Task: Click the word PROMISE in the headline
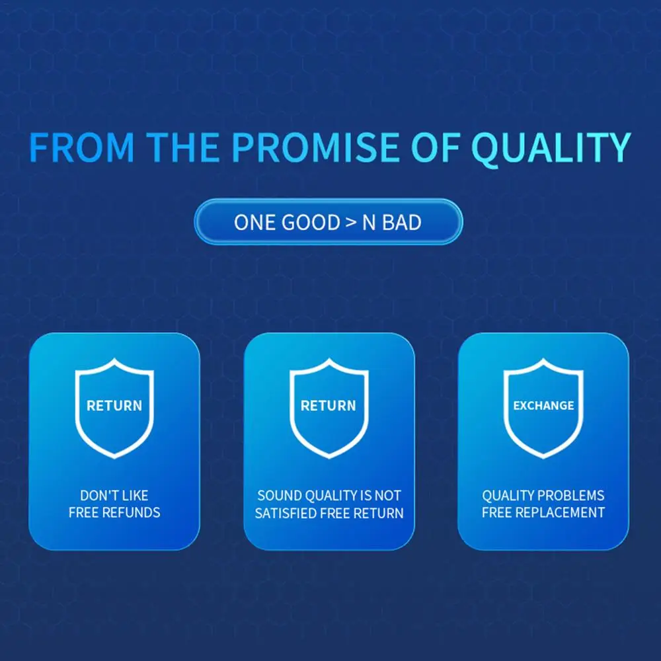click(x=315, y=147)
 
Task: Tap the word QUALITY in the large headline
click(x=551, y=148)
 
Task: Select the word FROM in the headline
click(x=81, y=147)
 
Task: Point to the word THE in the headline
click(x=183, y=147)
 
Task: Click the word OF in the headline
click(x=435, y=147)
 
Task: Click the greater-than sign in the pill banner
click(x=351, y=222)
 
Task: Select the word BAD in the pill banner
click(x=402, y=222)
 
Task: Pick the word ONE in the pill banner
click(x=255, y=222)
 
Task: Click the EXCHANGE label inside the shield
click(x=543, y=406)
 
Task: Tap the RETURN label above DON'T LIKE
click(x=114, y=406)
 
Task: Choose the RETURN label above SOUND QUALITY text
click(x=329, y=406)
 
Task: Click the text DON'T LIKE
click(x=114, y=495)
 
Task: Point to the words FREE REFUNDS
click(x=114, y=513)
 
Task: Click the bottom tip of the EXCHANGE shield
click(x=543, y=458)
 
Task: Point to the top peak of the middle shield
click(x=329, y=359)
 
